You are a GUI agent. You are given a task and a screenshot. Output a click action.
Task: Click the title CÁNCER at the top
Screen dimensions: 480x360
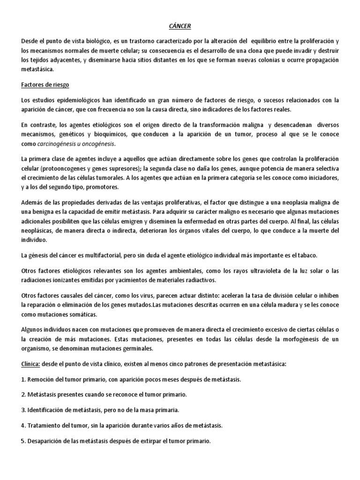pos(180,27)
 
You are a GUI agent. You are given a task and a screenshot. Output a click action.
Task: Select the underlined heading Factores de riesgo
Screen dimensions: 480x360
pos(46,86)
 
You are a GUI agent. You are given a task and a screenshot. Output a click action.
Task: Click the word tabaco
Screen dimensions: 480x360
pos(306,255)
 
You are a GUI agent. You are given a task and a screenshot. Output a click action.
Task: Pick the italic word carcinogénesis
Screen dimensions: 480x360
pos(59,143)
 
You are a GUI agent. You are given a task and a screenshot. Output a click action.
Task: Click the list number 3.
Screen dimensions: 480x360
pos(23,410)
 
